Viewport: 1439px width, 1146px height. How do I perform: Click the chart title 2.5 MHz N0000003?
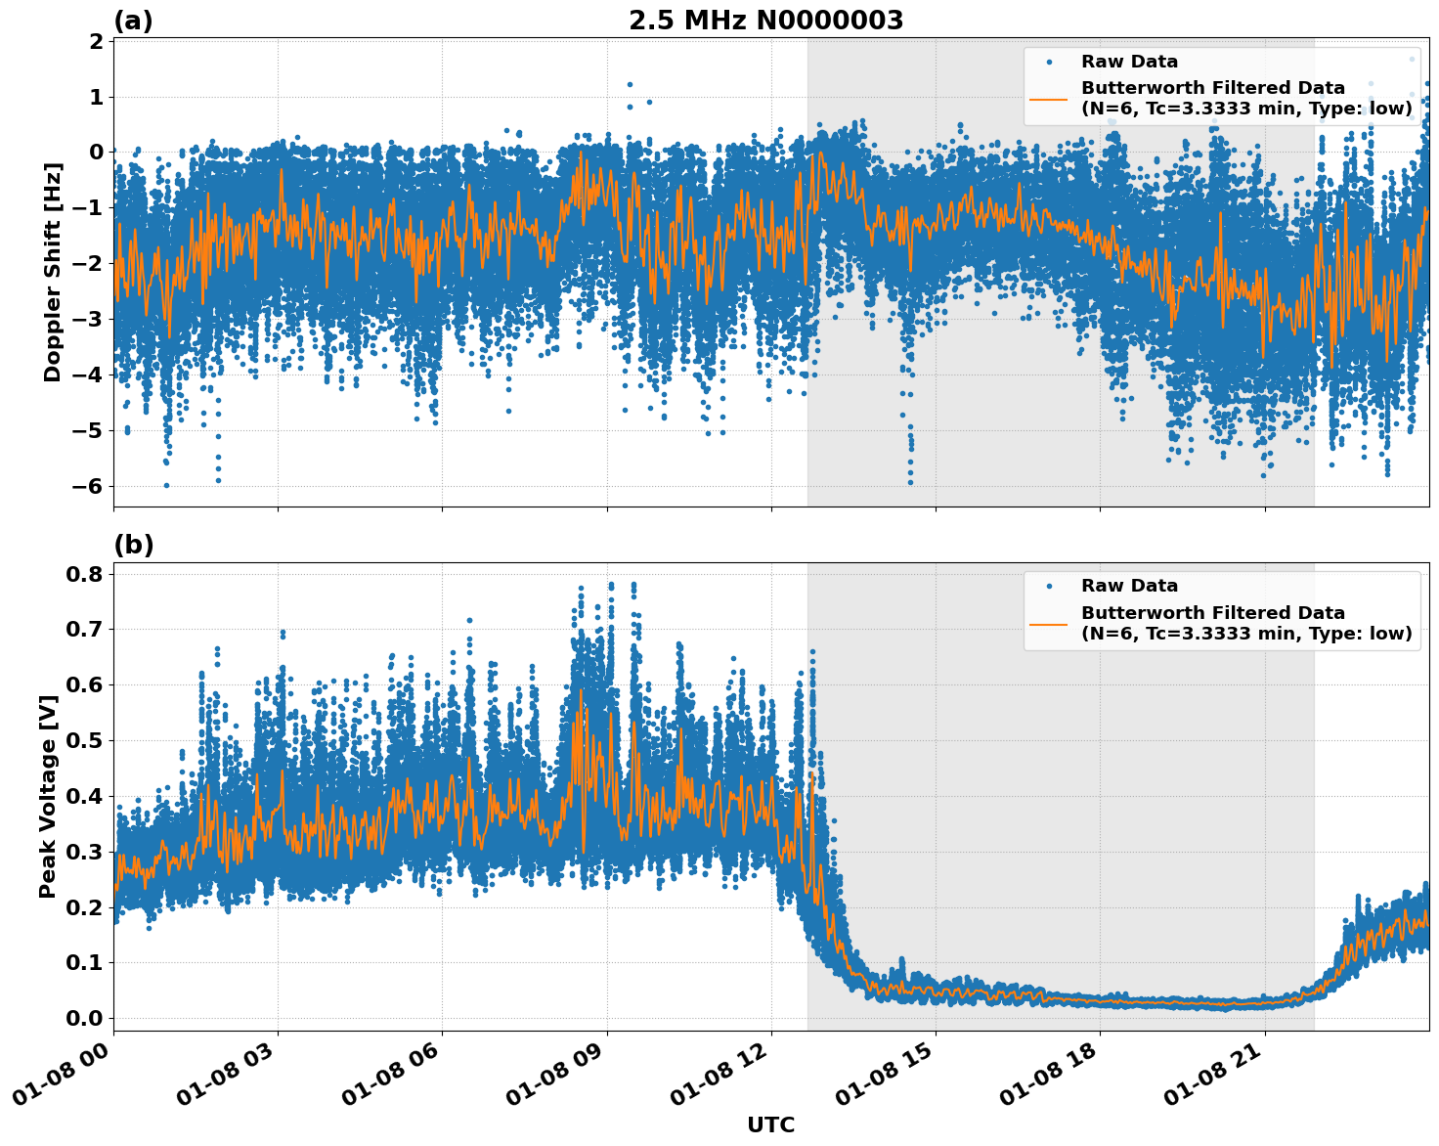point(765,21)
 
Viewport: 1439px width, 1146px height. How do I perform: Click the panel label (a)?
point(133,21)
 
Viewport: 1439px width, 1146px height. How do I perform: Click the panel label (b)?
point(134,545)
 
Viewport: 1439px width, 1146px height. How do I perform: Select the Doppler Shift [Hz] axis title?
point(53,273)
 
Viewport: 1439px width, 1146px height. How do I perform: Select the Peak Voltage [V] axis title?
point(48,796)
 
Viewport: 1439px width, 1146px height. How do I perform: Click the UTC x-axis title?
point(770,1124)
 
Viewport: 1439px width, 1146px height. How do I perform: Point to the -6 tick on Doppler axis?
point(94,486)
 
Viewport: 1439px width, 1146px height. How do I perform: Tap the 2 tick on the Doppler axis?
point(97,41)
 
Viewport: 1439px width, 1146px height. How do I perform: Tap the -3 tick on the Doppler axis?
point(94,319)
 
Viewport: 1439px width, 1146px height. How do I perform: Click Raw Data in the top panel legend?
point(1129,62)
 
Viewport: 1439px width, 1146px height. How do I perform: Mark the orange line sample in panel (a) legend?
point(1048,98)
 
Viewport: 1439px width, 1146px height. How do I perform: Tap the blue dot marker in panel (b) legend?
point(1048,586)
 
